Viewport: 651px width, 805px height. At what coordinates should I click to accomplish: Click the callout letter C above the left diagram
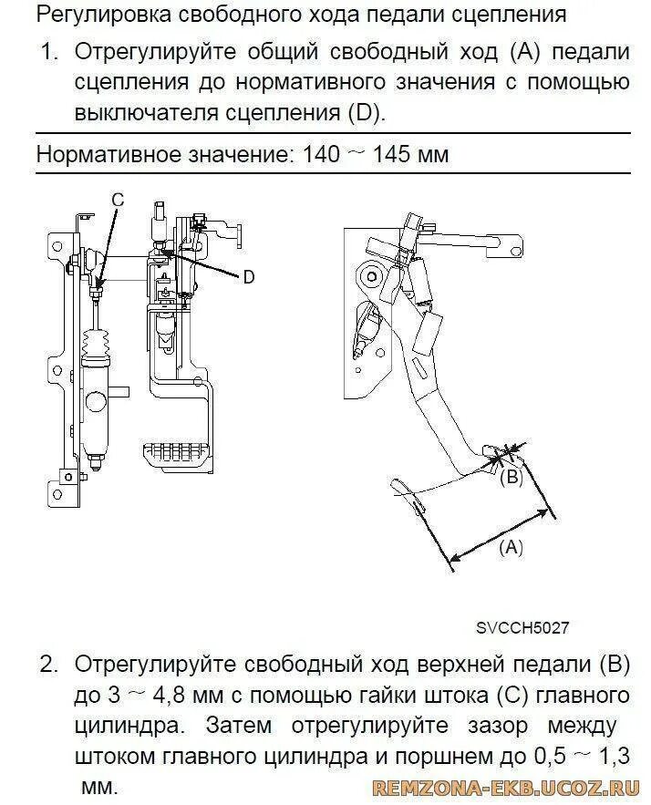tap(117, 199)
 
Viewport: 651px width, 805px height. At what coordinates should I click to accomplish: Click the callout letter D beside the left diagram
tap(249, 278)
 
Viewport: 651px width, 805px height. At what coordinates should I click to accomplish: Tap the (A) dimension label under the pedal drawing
tap(510, 546)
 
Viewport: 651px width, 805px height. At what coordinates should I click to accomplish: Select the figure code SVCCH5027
tap(522, 628)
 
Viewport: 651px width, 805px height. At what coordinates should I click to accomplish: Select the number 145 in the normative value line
tap(390, 154)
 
